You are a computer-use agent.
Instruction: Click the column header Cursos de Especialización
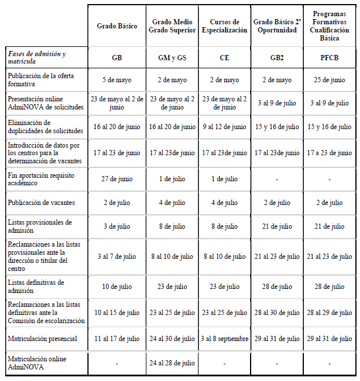pos(224,26)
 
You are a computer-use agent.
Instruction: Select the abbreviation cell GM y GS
pos(171,58)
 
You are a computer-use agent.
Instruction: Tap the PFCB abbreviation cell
pos(329,58)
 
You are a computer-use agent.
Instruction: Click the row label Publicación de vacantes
pos(41,203)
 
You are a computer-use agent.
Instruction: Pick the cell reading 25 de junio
pos(329,80)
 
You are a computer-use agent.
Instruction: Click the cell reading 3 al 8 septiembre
pos(224,338)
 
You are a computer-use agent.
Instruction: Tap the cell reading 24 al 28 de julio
pos(171,364)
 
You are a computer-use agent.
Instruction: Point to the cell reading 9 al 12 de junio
pos(224,127)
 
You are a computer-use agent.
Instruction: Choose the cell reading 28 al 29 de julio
pos(329,312)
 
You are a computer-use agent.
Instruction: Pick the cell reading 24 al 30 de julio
pos(171,338)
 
